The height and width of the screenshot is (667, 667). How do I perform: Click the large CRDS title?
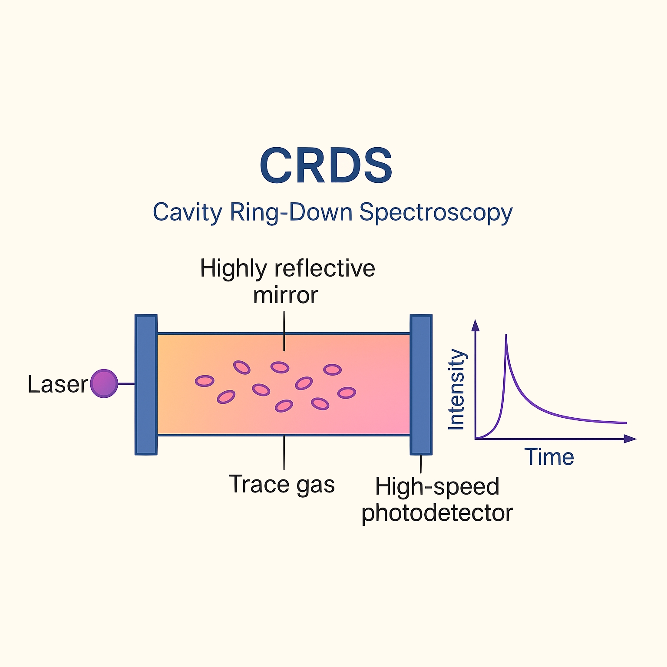coord(326,165)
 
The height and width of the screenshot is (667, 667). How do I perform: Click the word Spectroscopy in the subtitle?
coord(436,213)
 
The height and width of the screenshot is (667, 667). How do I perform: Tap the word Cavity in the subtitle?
coord(187,213)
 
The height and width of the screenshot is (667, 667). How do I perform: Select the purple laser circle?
coord(104,383)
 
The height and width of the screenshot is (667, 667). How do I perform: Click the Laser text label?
coord(58,384)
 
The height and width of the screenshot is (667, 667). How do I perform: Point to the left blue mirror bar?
coord(146,384)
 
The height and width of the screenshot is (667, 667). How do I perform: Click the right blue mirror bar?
coord(421,384)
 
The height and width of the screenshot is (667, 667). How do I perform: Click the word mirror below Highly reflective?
coord(285,295)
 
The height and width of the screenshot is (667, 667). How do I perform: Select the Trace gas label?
coord(281,484)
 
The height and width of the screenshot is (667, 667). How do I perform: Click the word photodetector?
coord(437,513)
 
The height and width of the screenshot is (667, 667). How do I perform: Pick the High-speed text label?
coord(437,486)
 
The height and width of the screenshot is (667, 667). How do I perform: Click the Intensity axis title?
coord(456,389)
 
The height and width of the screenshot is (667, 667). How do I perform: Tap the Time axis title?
coord(549,457)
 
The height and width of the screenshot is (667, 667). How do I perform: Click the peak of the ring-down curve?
coord(506,336)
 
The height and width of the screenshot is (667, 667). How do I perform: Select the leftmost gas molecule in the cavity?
coord(205,381)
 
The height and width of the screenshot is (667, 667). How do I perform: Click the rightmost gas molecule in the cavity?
coord(347,393)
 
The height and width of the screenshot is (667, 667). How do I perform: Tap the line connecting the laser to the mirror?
coord(126,384)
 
